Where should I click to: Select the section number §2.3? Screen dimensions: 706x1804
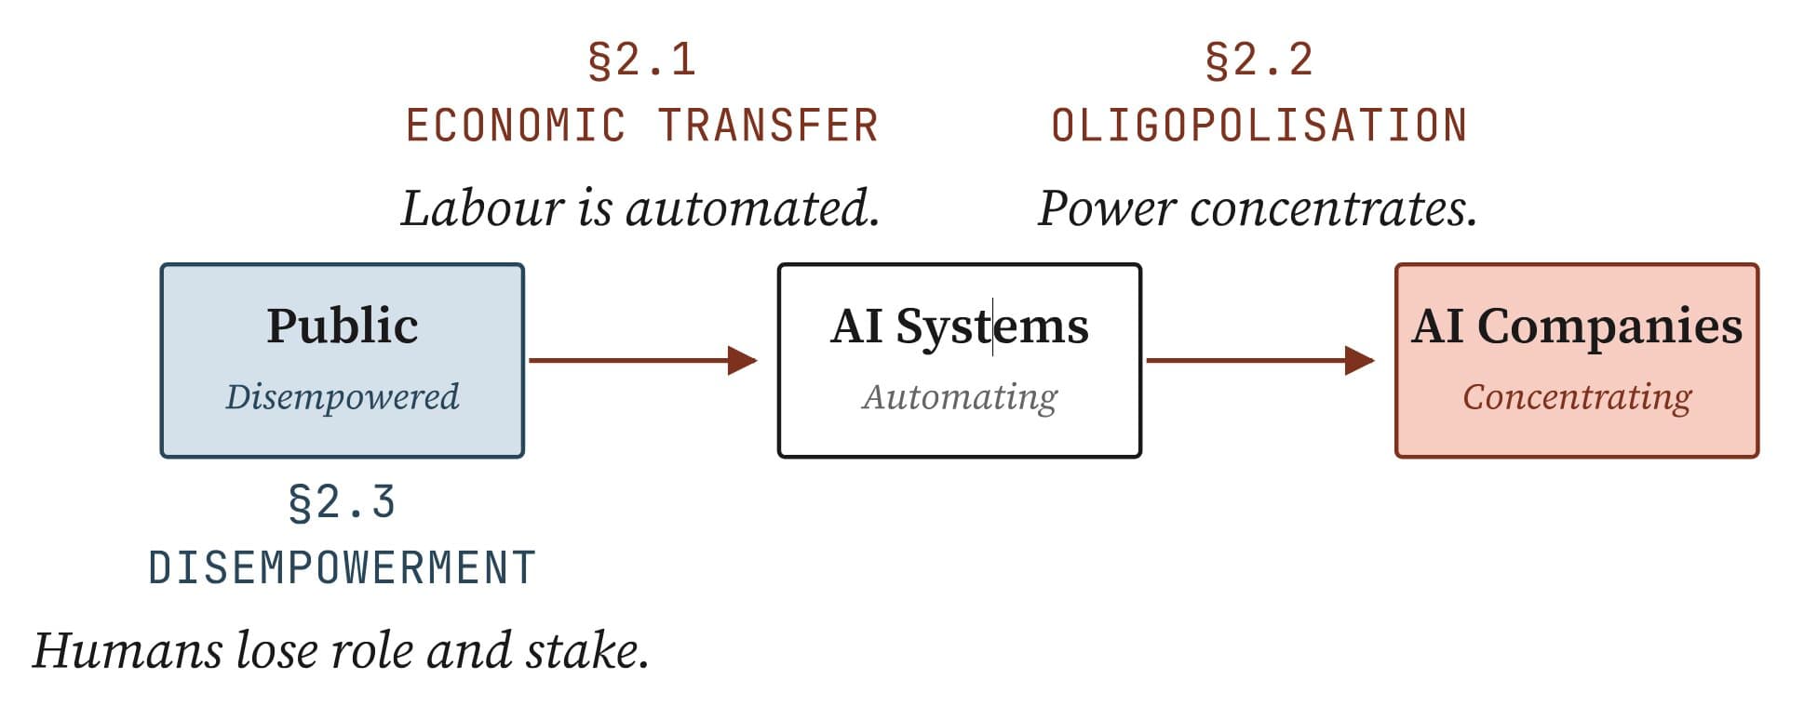(x=342, y=503)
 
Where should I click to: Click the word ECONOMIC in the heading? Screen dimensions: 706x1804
(x=516, y=127)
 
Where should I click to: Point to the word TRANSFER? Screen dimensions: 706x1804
(x=768, y=127)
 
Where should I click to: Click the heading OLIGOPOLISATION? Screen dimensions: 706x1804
(x=1259, y=127)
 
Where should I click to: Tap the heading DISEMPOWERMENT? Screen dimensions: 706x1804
(x=342, y=568)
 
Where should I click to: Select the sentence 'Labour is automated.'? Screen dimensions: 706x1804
(x=640, y=208)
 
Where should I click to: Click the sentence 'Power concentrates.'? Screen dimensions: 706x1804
(x=1258, y=208)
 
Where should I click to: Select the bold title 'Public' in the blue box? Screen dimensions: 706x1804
(x=342, y=326)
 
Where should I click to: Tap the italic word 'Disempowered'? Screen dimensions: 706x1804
(x=342, y=397)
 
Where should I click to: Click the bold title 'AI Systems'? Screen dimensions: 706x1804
(x=959, y=326)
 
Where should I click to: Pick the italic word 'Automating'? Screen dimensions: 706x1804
(x=959, y=397)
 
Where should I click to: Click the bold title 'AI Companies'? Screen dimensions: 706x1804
(x=1576, y=326)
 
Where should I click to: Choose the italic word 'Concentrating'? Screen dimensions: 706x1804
(x=1576, y=397)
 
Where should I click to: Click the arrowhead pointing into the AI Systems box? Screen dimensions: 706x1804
(x=743, y=360)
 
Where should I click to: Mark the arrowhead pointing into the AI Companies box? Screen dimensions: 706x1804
(x=1360, y=360)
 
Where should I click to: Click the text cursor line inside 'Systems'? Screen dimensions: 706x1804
(x=992, y=326)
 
